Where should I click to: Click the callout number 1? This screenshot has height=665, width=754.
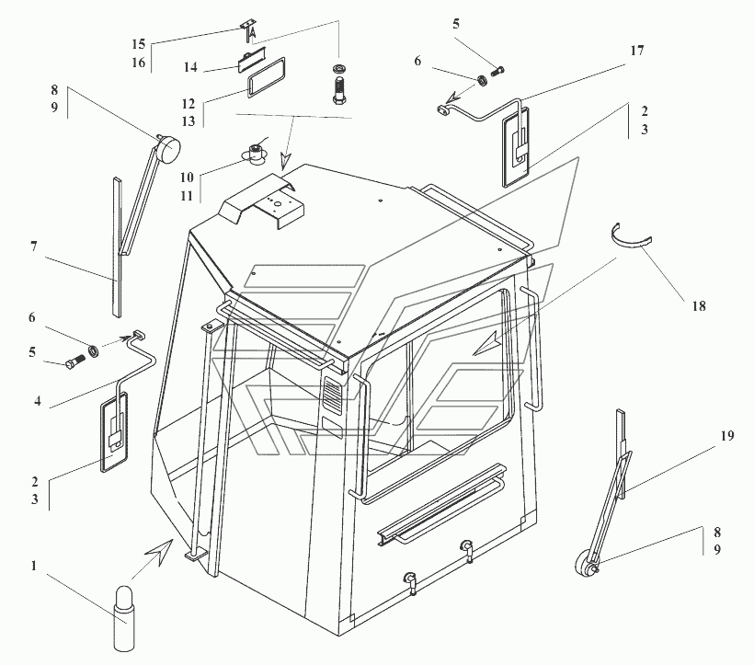point(34,567)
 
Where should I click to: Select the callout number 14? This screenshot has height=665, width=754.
point(189,68)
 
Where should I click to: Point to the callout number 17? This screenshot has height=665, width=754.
point(637,52)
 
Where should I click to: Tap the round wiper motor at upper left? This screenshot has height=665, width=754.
point(168,147)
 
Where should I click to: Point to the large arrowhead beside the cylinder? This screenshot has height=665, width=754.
point(157,553)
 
